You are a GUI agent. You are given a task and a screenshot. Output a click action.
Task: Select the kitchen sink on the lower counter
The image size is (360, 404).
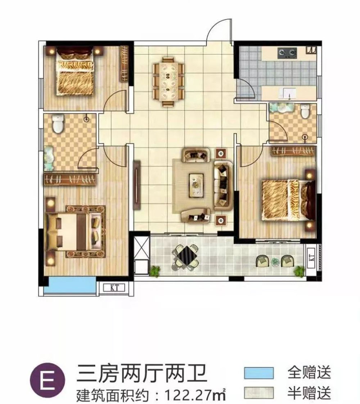289,93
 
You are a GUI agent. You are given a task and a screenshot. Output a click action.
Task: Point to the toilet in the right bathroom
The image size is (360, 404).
306,111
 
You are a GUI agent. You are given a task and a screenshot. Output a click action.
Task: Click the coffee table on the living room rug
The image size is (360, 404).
196,183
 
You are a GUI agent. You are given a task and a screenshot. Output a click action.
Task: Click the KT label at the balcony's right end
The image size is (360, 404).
311,257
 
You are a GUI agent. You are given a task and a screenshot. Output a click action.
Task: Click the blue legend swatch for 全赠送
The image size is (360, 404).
258,372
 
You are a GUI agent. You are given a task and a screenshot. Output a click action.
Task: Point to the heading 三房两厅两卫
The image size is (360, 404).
142,373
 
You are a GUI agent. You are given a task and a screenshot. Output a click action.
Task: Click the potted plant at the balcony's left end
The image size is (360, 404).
155,271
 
